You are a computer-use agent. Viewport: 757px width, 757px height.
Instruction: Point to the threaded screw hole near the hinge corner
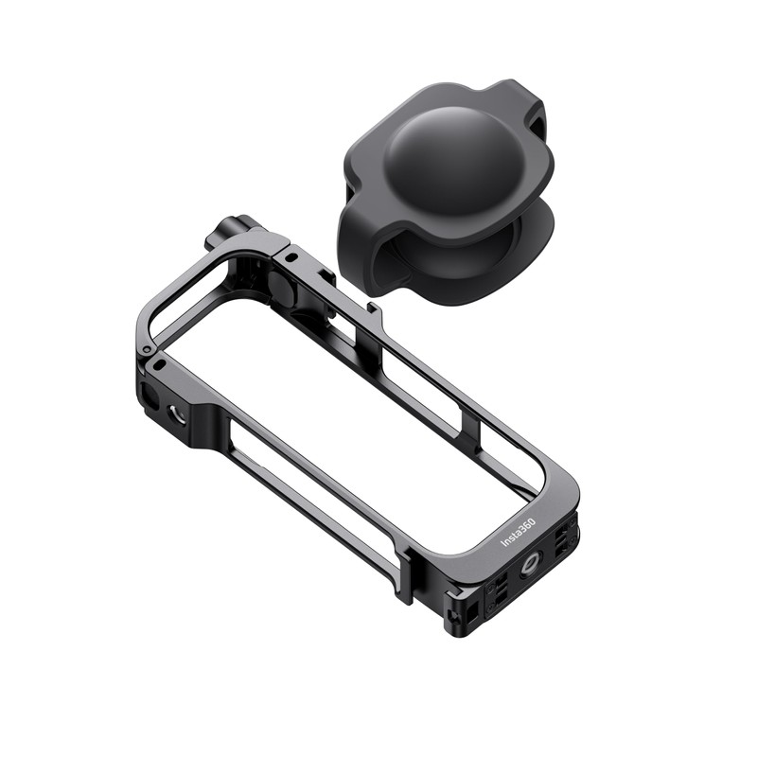click(x=177, y=412)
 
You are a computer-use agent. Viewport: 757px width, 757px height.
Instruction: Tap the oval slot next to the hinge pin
click(x=158, y=364)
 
